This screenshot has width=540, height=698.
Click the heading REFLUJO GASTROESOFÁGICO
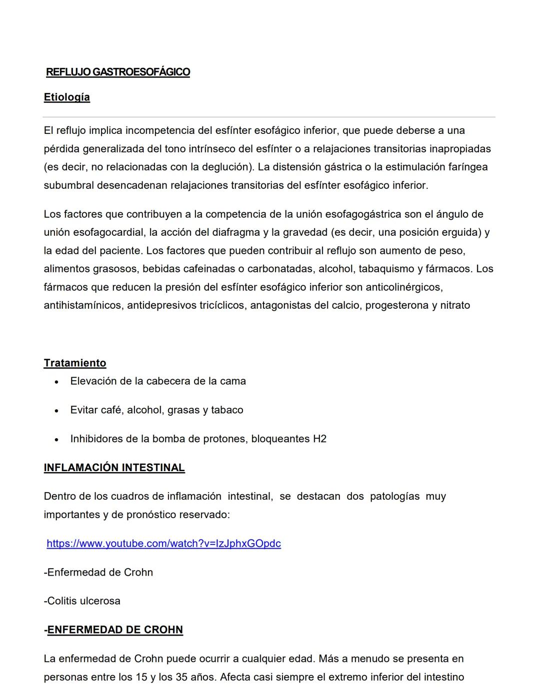[118, 72]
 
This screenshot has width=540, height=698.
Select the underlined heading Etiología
[67, 97]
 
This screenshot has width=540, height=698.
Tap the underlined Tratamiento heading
[75, 363]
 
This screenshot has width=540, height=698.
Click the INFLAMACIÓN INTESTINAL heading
[114, 468]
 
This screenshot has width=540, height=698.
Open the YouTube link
[163, 544]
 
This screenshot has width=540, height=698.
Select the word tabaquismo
[389, 269]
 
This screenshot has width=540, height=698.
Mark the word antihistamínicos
[83, 305]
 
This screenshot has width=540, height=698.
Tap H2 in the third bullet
[319, 439]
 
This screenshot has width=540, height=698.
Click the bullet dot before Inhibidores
[57, 440]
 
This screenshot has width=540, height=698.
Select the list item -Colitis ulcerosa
[82, 601]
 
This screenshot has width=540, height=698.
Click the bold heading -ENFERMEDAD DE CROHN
[113, 630]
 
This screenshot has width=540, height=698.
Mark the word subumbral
[68, 185]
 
